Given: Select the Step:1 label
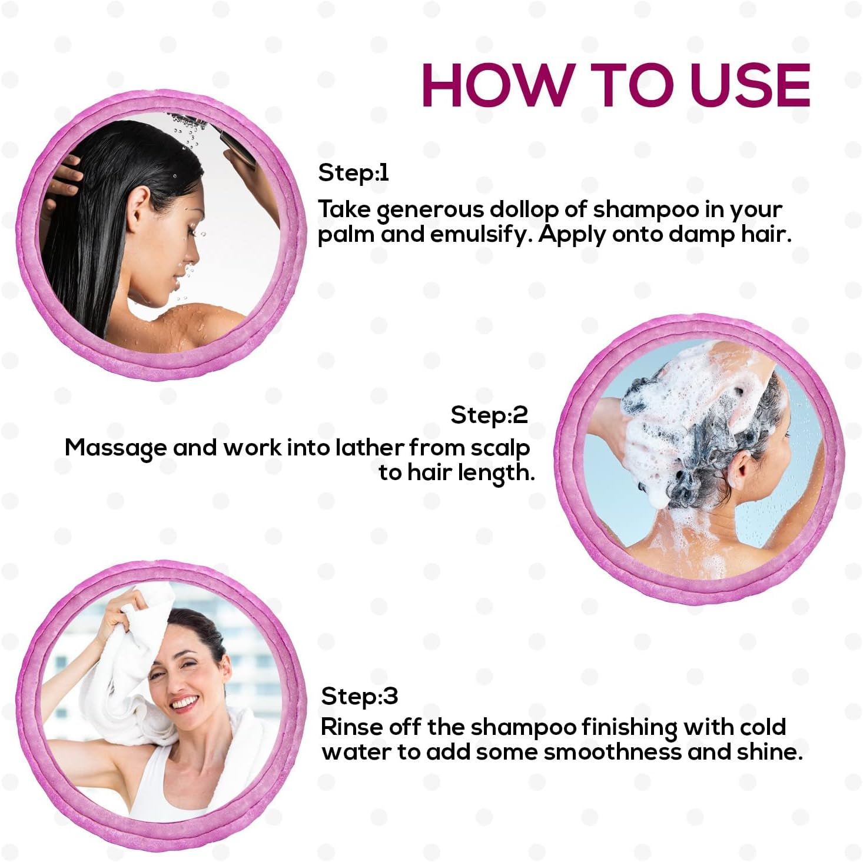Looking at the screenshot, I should [x=353, y=173].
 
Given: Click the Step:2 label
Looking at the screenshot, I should [x=489, y=415].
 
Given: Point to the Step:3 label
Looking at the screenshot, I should [x=360, y=696].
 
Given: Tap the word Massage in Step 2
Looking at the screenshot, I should [x=115, y=448].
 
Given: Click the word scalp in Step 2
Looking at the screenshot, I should [x=500, y=448].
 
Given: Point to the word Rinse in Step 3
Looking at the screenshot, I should [x=351, y=727].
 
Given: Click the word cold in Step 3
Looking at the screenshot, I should [x=759, y=727].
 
